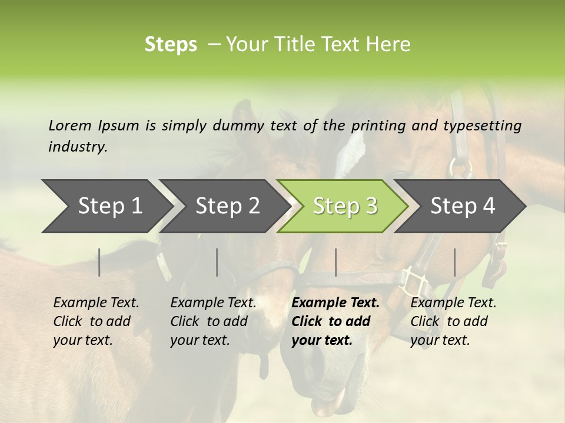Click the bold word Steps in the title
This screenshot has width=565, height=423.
[171, 44]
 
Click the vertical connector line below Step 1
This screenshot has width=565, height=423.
[99, 262]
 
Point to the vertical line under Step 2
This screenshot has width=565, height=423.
[217, 262]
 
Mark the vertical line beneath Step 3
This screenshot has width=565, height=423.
[335, 262]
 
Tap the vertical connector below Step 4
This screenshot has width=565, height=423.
[454, 262]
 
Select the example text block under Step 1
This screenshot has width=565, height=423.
[96, 321]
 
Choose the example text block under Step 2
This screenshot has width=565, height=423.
[213, 321]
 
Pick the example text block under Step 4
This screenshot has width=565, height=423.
[453, 321]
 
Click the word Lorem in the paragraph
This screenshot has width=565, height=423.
[70, 125]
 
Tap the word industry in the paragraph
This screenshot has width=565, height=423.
[77, 147]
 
